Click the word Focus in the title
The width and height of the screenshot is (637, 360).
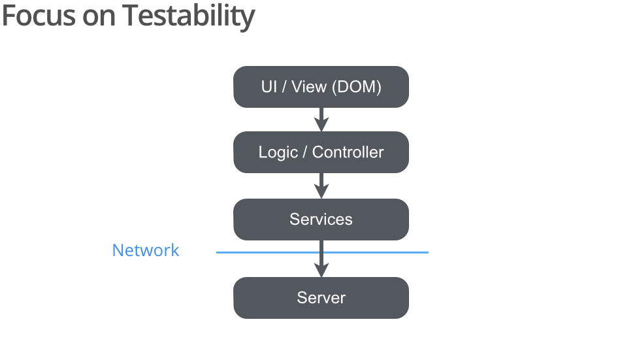pos(39,16)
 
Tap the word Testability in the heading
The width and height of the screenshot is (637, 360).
pos(189,17)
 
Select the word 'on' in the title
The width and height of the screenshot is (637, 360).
pos(99,18)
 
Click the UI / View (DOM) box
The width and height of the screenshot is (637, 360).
pos(321,87)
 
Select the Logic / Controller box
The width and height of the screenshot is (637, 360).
pos(321,152)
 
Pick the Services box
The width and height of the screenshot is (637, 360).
pos(321,220)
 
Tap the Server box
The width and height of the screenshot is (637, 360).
pos(321,298)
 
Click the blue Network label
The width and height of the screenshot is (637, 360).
pos(146,250)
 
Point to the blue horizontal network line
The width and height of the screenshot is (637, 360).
pos(322,252)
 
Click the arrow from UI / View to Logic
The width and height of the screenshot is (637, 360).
pos(321,120)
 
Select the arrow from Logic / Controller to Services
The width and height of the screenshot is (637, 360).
pos(321,186)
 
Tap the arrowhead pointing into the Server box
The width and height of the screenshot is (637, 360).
pos(321,270)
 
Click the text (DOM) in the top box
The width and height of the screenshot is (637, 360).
pos(356,87)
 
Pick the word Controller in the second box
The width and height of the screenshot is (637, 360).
pos(348,152)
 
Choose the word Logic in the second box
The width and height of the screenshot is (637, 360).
pos(278,153)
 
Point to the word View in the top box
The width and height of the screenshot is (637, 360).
pos(309,87)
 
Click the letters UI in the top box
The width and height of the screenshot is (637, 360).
pos(269,87)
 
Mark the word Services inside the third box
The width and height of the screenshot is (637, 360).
pos(321,220)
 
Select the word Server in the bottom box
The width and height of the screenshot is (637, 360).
pos(321,298)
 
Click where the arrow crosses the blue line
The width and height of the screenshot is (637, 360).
pos(321,252)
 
